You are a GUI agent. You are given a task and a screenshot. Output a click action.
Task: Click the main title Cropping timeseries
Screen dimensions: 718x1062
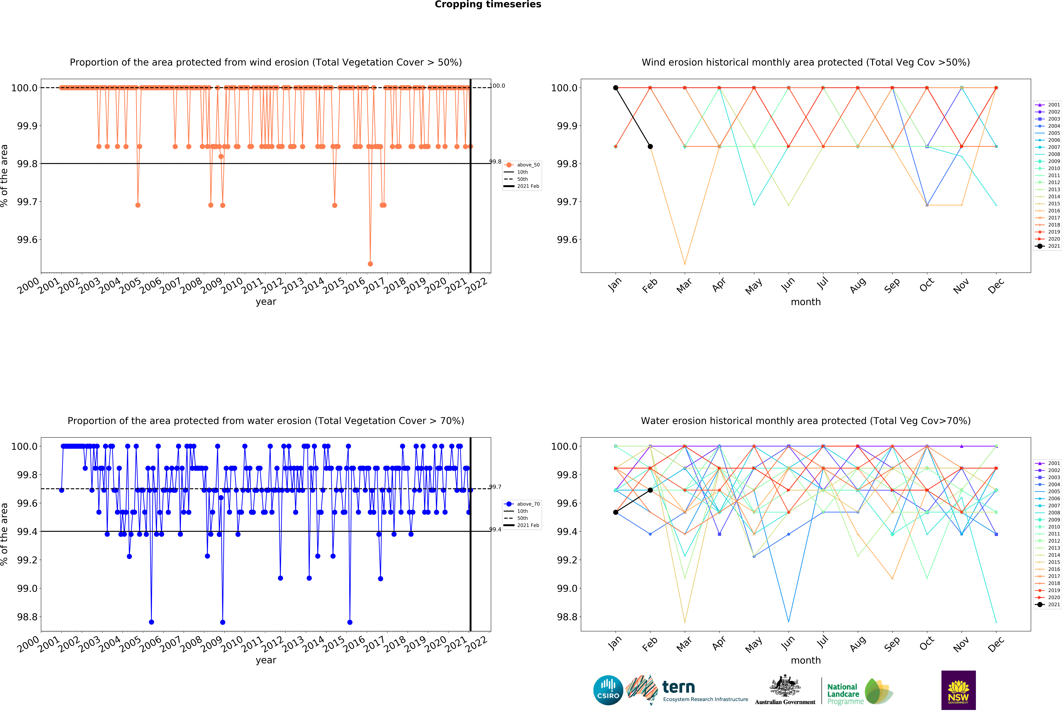tap(488, 5)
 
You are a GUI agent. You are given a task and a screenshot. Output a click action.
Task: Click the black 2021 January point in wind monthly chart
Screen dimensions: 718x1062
tap(616, 88)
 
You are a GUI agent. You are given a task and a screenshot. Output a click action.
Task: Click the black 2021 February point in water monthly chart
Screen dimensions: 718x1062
tap(650, 490)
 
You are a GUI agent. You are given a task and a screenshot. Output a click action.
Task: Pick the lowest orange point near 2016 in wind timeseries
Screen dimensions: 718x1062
tap(370, 264)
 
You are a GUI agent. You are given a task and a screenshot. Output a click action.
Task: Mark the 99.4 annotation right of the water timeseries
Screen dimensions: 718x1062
tap(495, 529)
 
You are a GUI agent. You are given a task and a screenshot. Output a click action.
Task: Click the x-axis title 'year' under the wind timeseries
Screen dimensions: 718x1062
tap(266, 302)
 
